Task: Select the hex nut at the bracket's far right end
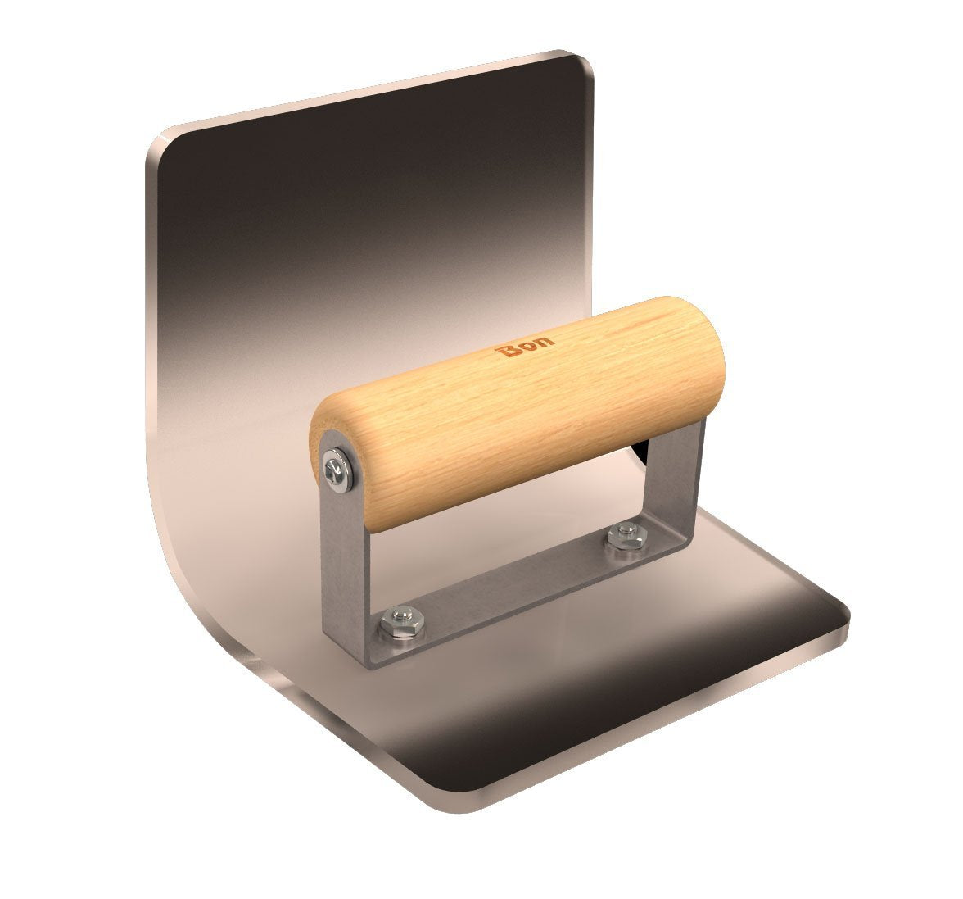(622, 537)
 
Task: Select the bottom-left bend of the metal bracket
(360, 647)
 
